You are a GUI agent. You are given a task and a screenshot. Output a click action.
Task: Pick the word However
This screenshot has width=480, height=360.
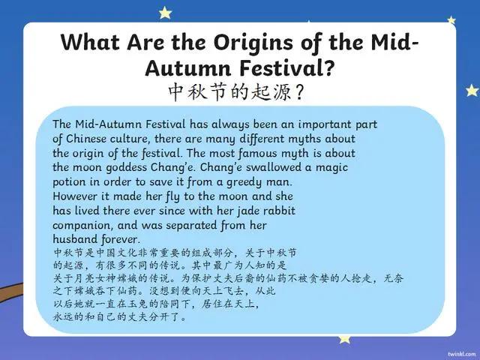pos(78,196)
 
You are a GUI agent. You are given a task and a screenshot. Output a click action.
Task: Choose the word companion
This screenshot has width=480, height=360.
pos(86,225)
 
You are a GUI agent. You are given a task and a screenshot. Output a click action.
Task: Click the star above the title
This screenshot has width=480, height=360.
pos(164,12)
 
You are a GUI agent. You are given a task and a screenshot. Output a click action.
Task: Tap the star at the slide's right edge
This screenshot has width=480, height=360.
pos(471,90)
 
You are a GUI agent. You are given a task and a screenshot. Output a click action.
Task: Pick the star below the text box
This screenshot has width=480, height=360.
pos(344,338)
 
